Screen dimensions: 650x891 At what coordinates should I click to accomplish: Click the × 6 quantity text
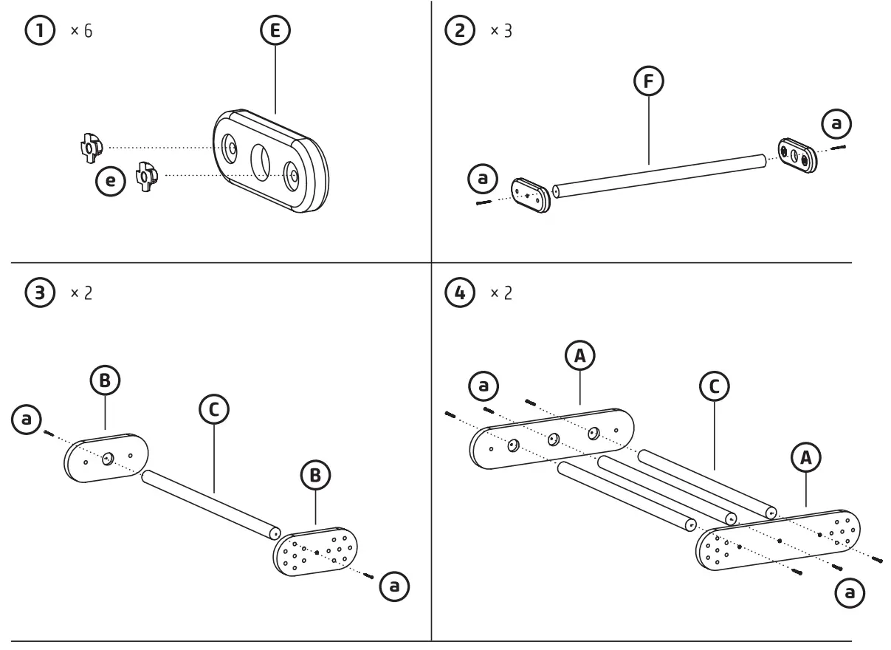[x=82, y=33]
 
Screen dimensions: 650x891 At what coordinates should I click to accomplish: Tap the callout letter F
[x=649, y=82]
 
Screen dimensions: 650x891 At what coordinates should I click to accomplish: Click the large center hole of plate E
[x=261, y=159]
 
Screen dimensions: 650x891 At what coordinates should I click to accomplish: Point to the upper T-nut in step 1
[x=88, y=147]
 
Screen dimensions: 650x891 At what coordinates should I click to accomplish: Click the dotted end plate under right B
[x=317, y=551]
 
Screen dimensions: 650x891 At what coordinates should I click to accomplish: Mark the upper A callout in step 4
[x=580, y=357]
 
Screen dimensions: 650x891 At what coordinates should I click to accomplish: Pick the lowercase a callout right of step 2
[x=836, y=125]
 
